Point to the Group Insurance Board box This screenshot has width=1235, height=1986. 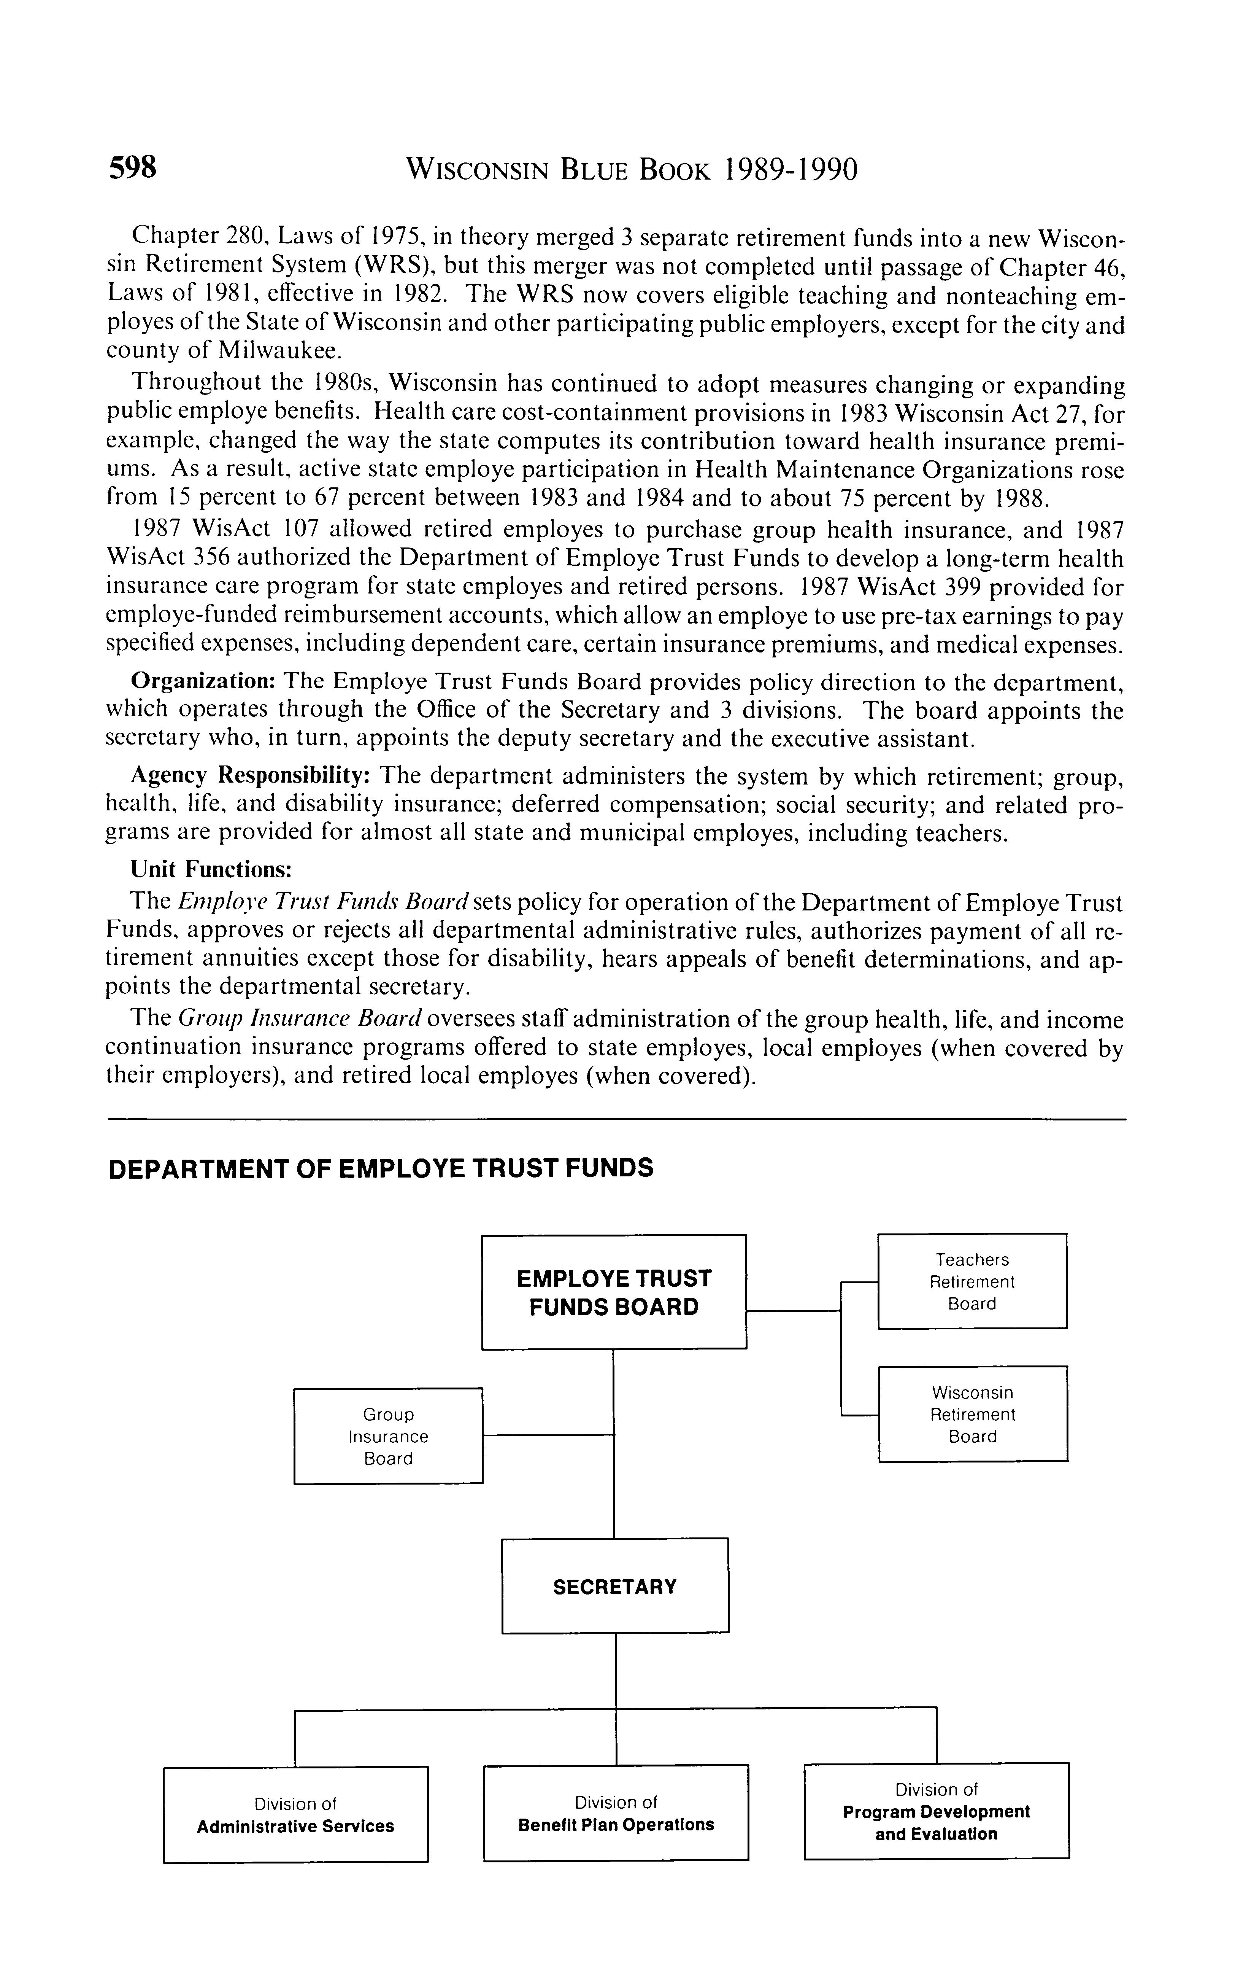tap(388, 1436)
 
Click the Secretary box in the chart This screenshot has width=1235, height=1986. tap(614, 1587)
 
